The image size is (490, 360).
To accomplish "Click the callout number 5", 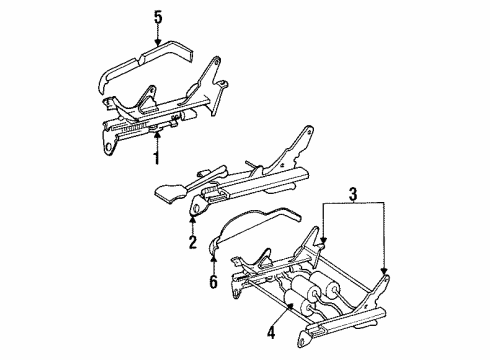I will coord(156,17).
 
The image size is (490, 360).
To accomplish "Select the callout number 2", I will coord(191,243).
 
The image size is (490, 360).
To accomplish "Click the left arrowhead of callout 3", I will coord(325,268).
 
